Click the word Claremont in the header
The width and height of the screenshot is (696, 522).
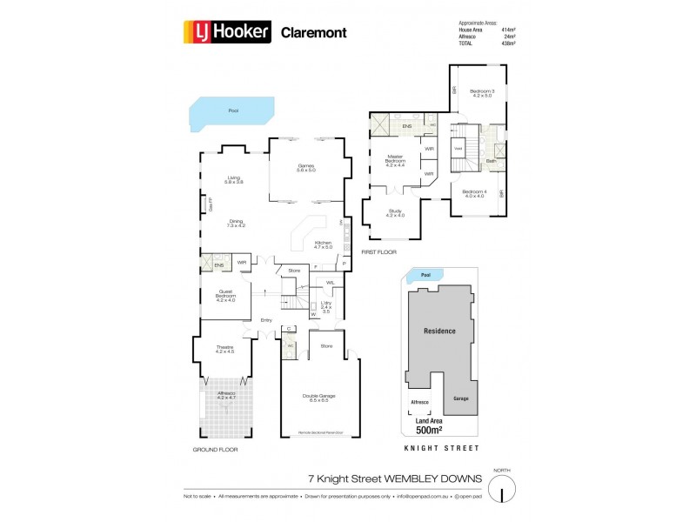(x=312, y=33)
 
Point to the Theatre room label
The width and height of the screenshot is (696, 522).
(x=224, y=350)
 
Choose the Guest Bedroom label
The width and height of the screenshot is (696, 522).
(x=225, y=294)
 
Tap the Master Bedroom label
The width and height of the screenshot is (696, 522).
(x=395, y=162)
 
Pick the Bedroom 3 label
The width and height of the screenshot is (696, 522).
(x=482, y=93)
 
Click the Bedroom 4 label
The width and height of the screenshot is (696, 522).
(x=473, y=193)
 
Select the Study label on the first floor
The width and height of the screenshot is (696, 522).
(x=394, y=212)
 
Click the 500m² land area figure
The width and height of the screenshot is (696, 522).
(x=429, y=430)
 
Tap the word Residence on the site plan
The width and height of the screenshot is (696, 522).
(x=439, y=331)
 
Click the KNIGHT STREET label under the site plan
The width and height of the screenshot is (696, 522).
(x=442, y=448)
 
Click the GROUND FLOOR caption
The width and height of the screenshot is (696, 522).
(x=215, y=450)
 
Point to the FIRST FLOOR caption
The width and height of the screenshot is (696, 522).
(x=379, y=251)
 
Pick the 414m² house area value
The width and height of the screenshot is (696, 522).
(x=508, y=30)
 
